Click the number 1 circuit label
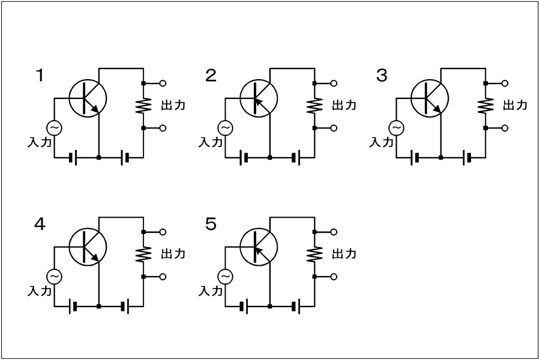(40, 76)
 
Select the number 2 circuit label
(211, 76)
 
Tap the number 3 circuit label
(382, 76)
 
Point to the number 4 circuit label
(40, 224)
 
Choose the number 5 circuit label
(211, 224)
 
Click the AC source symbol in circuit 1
(54, 128)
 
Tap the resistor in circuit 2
(314, 106)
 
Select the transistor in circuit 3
(430, 98)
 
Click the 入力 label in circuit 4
(40, 291)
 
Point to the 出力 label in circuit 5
(344, 254)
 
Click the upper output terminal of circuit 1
(163, 83)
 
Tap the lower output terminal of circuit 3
(505, 128)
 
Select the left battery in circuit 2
(243, 158)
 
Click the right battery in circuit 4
(125, 306)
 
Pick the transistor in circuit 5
(259, 247)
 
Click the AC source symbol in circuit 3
(397, 128)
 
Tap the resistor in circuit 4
(143, 254)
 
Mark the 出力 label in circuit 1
(173, 105)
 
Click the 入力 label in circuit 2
(211, 142)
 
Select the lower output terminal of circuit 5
(334, 277)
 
